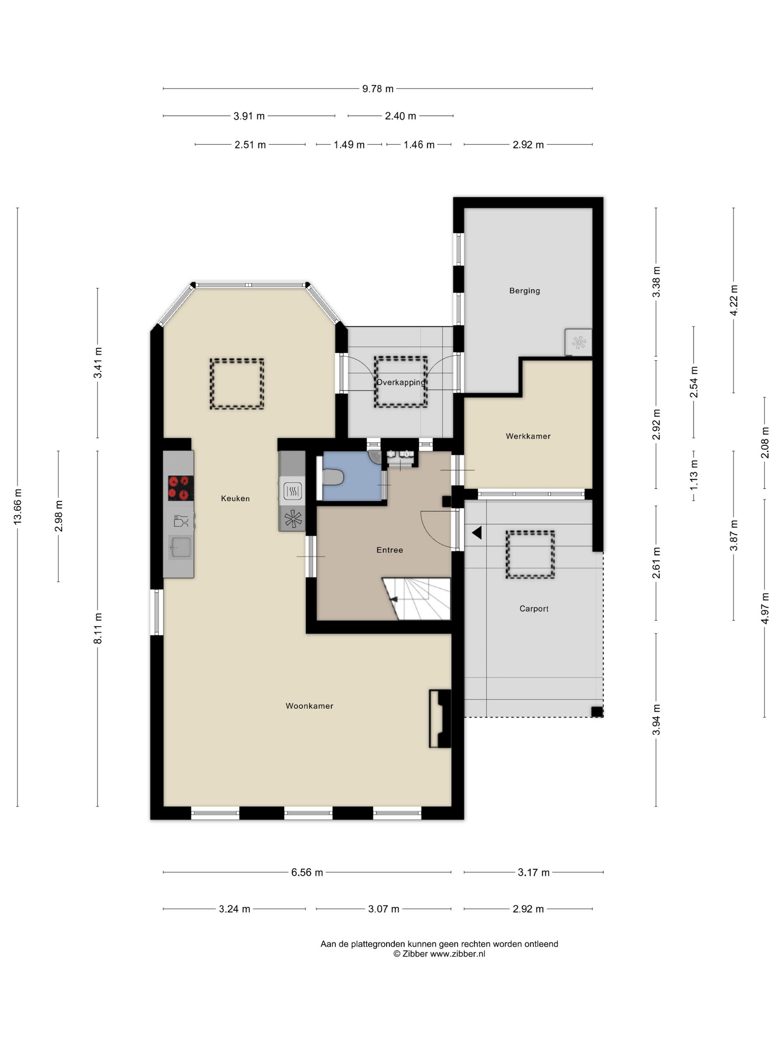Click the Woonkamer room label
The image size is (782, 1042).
point(309,706)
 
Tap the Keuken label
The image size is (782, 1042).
point(235,498)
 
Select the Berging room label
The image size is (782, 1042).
point(525,291)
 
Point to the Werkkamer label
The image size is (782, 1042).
point(528,436)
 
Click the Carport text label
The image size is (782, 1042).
point(534,608)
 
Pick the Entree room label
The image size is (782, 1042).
point(390,550)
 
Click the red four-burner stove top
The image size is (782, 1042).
point(181,488)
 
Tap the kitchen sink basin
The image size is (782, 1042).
point(180,548)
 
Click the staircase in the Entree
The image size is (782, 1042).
point(417,599)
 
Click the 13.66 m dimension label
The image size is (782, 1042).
point(18,506)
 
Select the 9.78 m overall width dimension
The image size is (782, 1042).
point(378,89)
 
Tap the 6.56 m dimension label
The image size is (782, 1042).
point(307,872)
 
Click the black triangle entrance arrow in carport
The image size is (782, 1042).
point(477,533)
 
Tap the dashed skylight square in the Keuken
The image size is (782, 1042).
point(236,383)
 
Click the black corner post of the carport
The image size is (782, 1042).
point(597,711)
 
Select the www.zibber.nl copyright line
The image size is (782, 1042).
point(439,954)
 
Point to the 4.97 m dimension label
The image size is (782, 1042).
point(764,608)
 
